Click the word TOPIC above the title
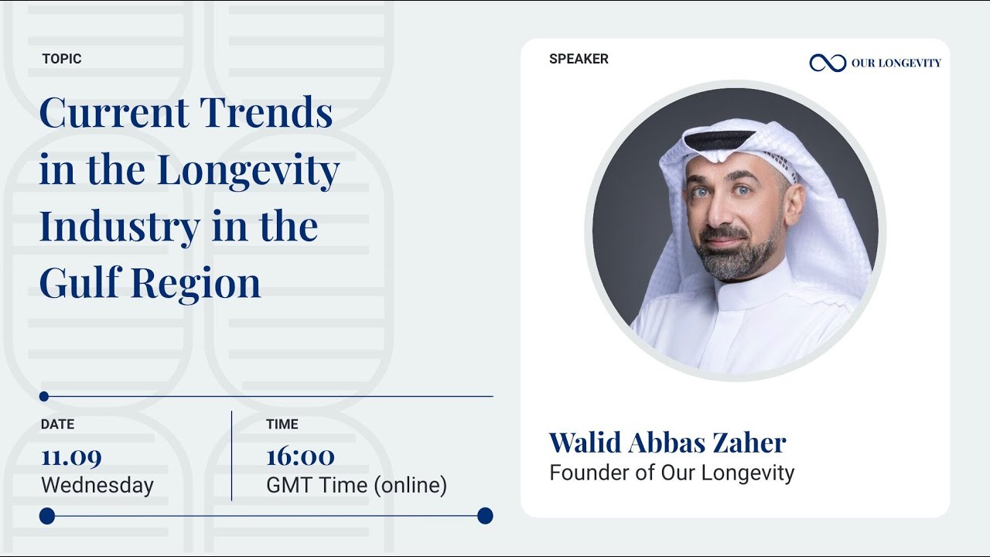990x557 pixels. point(62,59)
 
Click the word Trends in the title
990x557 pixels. point(267,113)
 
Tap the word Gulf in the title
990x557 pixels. point(80,283)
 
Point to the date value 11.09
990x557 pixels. point(71,456)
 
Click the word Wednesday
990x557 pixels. point(97,486)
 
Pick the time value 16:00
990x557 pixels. point(300,456)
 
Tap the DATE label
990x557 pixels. point(58,424)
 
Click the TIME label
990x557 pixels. point(282,424)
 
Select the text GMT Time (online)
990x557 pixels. point(357,486)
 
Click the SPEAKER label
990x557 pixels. point(579,59)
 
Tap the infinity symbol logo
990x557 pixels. point(828,63)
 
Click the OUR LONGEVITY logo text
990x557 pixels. point(896,63)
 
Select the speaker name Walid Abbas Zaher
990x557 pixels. point(667,443)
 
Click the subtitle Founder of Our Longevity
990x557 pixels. point(671,473)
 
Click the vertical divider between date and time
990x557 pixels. point(231,456)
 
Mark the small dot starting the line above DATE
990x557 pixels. point(44,396)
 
